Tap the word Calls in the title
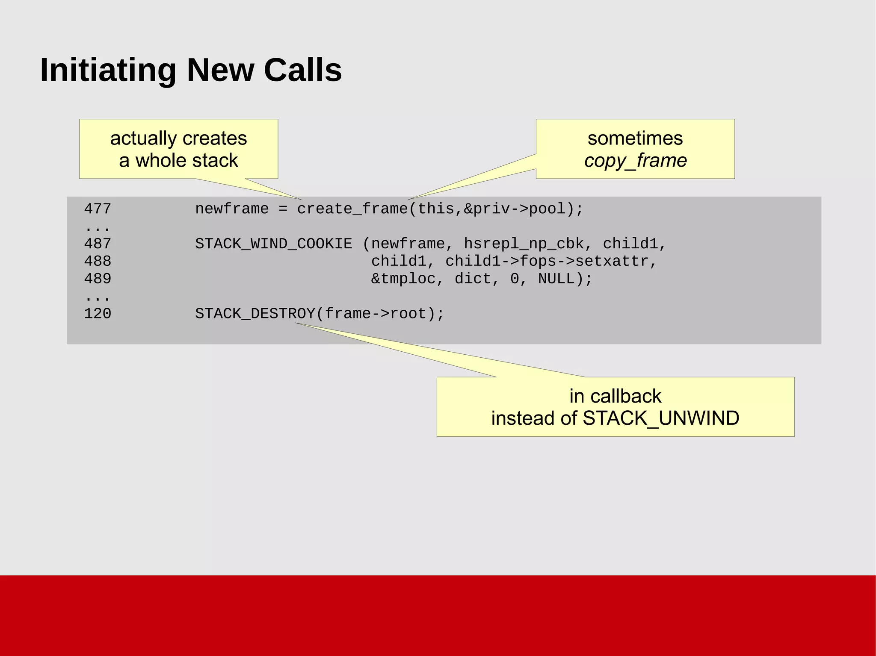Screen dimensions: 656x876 click(x=303, y=71)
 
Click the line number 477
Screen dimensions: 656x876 click(x=98, y=209)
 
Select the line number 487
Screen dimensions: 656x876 click(x=98, y=244)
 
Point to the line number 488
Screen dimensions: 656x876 click(x=98, y=262)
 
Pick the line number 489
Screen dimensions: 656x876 click(x=98, y=279)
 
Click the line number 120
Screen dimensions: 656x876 click(x=98, y=314)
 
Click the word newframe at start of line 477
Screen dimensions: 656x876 click(x=232, y=209)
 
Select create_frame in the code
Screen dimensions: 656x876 click(x=352, y=209)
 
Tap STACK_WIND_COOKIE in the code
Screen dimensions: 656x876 click(x=274, y=244)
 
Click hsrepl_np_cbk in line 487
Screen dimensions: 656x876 click(x=524, y=244)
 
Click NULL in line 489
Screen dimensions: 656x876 click(x=556, y=279)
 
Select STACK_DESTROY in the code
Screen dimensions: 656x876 click(x=255, y=314)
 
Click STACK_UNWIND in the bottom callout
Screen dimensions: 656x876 click(x=661, y=418)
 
